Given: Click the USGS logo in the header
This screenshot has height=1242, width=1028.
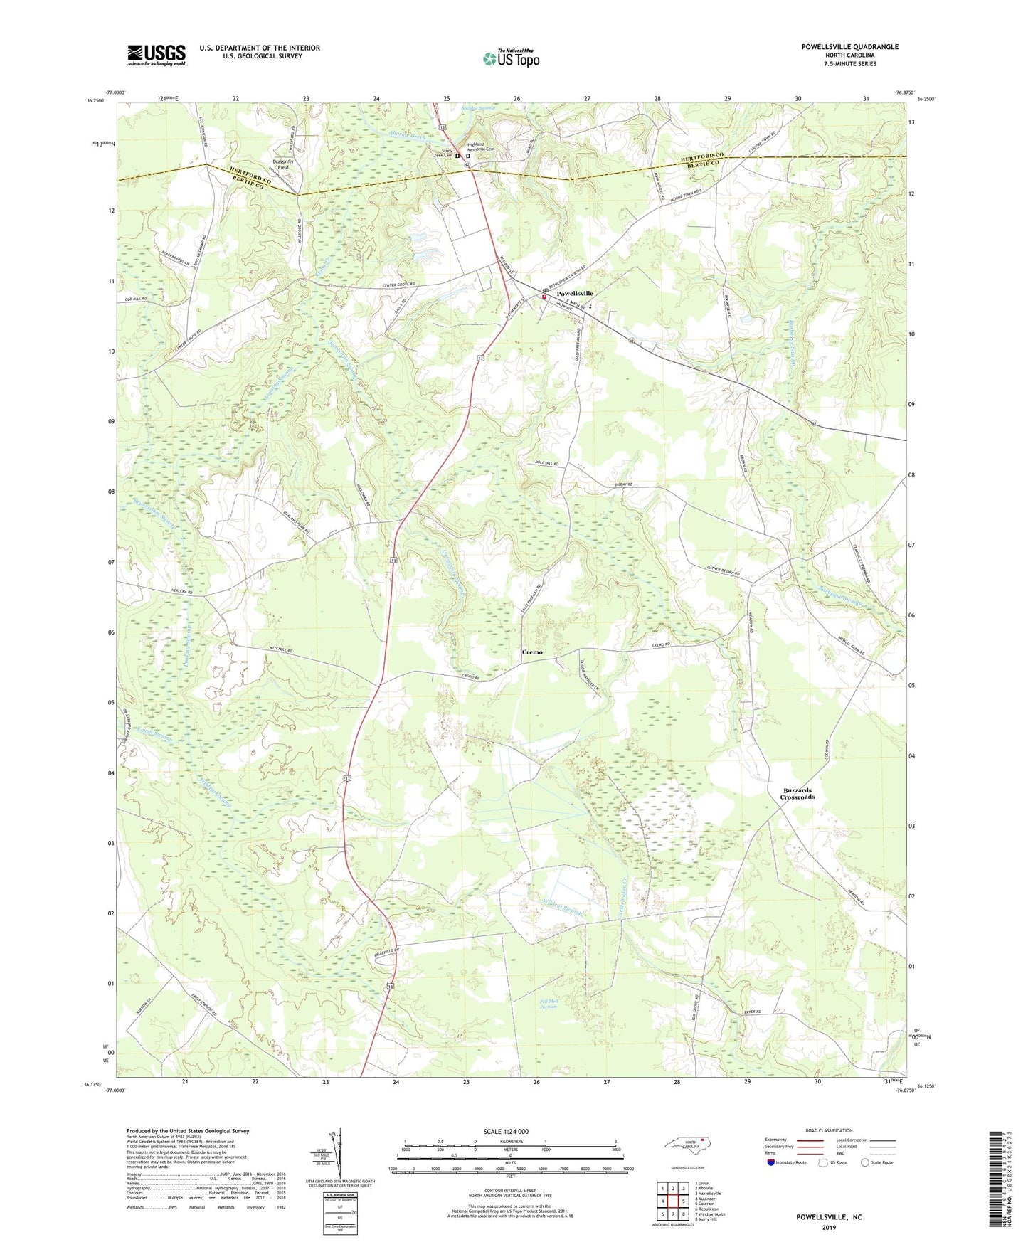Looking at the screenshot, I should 156,54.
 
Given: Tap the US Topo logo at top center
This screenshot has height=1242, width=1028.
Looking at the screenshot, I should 511,58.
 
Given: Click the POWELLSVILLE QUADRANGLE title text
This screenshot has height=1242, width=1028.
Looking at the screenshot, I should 849,47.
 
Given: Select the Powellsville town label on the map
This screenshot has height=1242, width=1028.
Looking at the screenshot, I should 574,293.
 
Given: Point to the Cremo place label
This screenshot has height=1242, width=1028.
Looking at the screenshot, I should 532,652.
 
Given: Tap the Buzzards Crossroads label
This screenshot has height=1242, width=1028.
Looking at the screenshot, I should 797,793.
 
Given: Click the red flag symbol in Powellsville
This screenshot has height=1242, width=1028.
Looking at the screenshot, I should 544,297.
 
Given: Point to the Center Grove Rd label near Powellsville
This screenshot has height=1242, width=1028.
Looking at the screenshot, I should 398,285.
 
